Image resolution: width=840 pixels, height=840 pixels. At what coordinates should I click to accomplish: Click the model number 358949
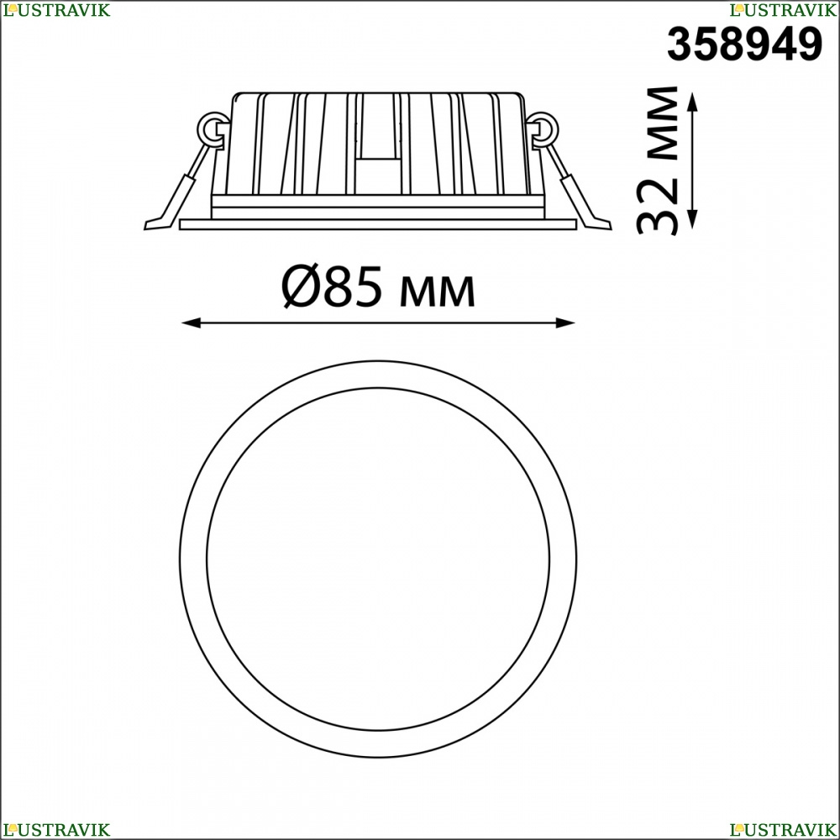tap(744, 45)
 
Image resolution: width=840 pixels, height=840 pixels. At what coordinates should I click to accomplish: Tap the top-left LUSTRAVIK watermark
tap(56, 9)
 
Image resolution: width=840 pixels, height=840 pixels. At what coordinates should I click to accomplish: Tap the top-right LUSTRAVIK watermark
tap(783, 9)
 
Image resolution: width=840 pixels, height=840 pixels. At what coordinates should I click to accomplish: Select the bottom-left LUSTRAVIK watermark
tap(56, 829)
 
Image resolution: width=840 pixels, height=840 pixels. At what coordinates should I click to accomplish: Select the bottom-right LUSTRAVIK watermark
tap(783, 829)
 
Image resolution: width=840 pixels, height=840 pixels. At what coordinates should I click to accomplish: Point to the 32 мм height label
tap(657, 160)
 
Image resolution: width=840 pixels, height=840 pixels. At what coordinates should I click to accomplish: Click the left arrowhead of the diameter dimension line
tap(191, 323)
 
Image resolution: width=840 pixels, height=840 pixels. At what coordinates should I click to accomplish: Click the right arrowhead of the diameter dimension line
tap(565, 323)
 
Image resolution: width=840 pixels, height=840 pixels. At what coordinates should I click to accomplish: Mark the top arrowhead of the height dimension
tap(693, 102)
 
